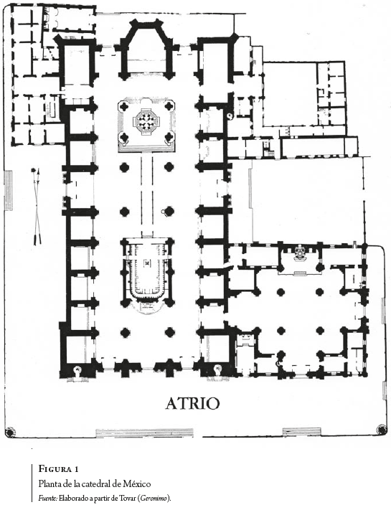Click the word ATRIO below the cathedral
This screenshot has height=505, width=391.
[x=192, y=403]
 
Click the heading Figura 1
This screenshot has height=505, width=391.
[x=58, y=469]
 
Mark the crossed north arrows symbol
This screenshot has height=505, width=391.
[x=37, y=206]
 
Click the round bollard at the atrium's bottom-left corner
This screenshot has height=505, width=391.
[x=9, y=431]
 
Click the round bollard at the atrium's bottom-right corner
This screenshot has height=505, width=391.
[x=381, y=428]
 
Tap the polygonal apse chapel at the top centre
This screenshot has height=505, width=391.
[x=148, y=48]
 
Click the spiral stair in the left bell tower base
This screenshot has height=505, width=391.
[x=77, y=371]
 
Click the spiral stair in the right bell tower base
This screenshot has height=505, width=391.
[x=218, y=369]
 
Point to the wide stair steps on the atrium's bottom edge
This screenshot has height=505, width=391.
[x=145, y=433]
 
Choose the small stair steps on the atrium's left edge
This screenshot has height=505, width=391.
[x=9, y=190]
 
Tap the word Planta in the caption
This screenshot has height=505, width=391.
[x=49, y=483]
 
